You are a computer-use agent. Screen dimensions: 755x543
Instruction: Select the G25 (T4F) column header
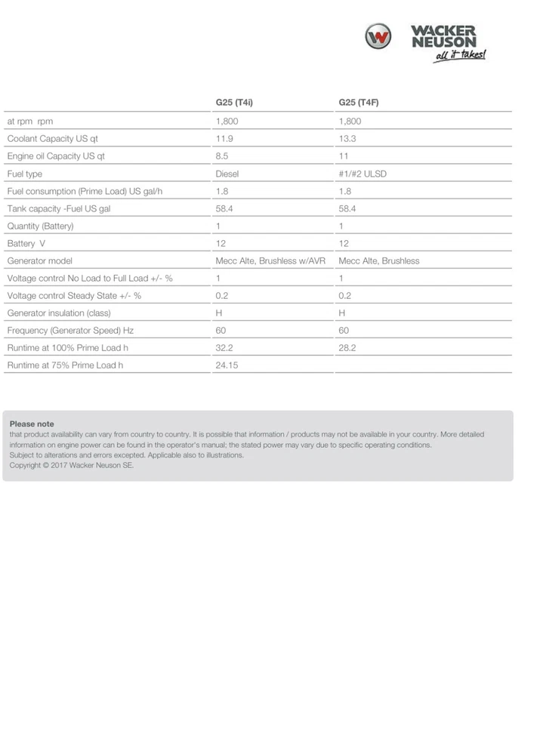(359, 102)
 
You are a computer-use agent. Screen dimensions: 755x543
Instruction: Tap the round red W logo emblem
(378, 36)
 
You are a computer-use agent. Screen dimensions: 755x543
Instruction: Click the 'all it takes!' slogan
(459, 55)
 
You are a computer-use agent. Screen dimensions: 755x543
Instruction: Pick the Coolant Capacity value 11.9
(224, 139)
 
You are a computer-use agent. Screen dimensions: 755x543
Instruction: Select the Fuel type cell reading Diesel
(227, 174)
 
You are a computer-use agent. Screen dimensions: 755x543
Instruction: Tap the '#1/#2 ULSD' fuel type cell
(363, 174)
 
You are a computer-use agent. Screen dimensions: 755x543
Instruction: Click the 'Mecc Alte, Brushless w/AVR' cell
(270, 261)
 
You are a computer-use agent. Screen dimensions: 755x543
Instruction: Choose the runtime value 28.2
(347, 348)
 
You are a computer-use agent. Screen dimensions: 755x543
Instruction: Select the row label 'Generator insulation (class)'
(59, 313)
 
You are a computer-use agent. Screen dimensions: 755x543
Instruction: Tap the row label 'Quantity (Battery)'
(40, 226)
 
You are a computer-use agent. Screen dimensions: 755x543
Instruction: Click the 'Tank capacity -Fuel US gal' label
(59, 208)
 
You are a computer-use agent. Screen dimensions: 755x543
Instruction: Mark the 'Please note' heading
(32, 424)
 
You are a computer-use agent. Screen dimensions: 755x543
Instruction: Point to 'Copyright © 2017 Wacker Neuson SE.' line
(72, 466)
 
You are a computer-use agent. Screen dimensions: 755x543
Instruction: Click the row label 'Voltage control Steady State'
(74, 296)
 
